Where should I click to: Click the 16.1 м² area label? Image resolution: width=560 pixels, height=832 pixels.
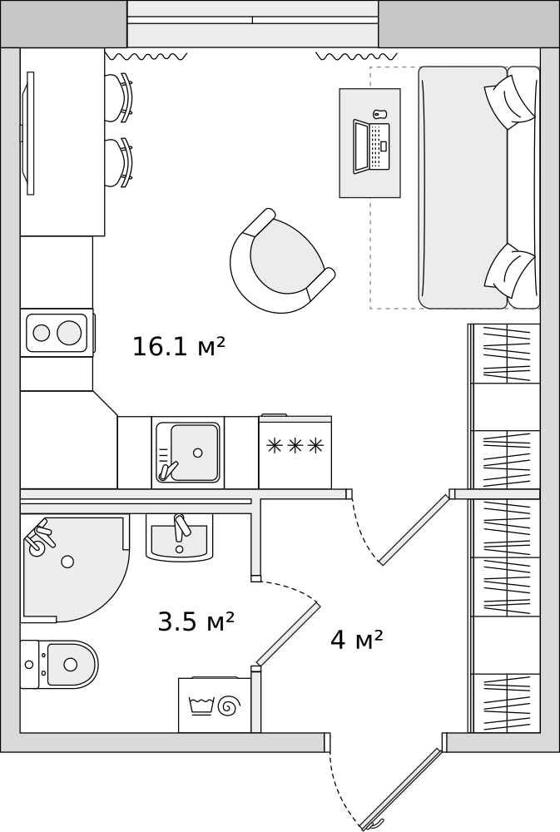[179, 347]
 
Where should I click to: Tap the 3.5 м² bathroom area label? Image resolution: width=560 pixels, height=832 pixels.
[196, 622]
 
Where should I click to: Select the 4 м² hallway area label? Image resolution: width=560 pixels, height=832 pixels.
[356, 640]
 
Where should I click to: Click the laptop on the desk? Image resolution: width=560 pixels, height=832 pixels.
[371, 147]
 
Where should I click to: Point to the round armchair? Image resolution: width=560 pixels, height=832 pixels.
[280, 261]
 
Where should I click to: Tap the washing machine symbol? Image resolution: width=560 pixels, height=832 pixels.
[214, 706]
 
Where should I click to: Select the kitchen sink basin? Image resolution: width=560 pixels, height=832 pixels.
[189, 453]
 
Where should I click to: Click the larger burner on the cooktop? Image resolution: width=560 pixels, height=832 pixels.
[70, 333]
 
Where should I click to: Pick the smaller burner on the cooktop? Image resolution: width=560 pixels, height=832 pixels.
[40, 333]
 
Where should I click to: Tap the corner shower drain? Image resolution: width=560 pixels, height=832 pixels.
[67, 562]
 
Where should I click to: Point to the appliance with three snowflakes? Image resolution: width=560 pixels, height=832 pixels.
[295, 453]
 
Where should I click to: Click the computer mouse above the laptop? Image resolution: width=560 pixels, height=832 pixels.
[379, 114]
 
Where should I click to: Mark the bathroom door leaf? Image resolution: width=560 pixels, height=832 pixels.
[288, 634]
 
